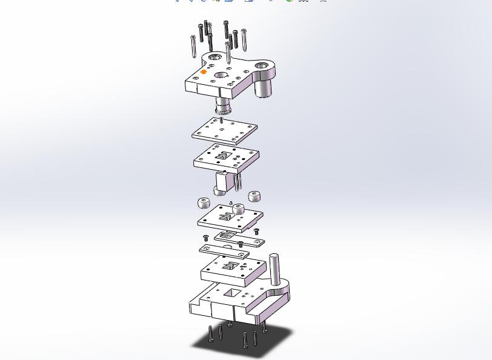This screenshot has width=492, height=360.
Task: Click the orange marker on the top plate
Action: coord(204,72)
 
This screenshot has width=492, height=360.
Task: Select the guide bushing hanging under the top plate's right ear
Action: coord(262,89)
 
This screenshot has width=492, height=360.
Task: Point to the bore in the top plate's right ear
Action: coord(261,65)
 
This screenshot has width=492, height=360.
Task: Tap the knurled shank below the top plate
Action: coord(222,108)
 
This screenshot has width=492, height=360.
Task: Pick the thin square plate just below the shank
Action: coord(225,130)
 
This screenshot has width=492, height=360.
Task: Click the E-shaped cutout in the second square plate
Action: coord(224,155)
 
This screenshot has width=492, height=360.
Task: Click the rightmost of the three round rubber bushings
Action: coord(255,196)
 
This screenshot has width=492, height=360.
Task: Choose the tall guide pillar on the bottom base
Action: coord(275,269)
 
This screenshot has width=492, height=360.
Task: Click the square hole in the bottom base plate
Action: coord(232,294)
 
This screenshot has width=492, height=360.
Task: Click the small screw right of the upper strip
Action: coord(256,231)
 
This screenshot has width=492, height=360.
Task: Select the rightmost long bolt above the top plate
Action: coord(244,39)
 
